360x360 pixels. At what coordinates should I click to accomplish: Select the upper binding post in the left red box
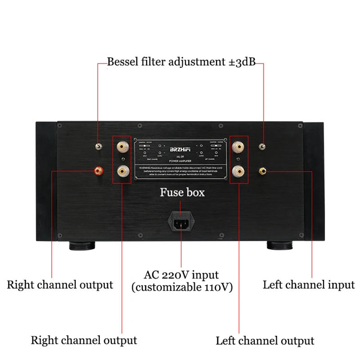[x=122, y=147]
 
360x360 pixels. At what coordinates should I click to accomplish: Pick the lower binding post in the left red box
[x=122, y=171]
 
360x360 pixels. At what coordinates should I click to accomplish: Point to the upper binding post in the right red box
[x=238, y=147]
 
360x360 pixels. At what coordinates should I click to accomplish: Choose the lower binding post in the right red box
[x=238, y=171]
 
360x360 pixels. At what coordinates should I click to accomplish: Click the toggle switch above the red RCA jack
[x=97, y=147]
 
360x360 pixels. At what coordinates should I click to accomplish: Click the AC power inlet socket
[x=181, y=223]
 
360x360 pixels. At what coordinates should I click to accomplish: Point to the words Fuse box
[x=182, y=193]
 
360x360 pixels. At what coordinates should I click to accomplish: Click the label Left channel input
[x=309, y=284]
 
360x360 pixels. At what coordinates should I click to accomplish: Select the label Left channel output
[x=265, y=340]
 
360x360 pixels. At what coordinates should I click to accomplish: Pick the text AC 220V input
[x=181, y=274]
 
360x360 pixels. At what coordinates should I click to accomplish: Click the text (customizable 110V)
[x=182, y=287]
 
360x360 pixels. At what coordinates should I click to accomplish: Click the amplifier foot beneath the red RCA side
[x=82, y=246]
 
